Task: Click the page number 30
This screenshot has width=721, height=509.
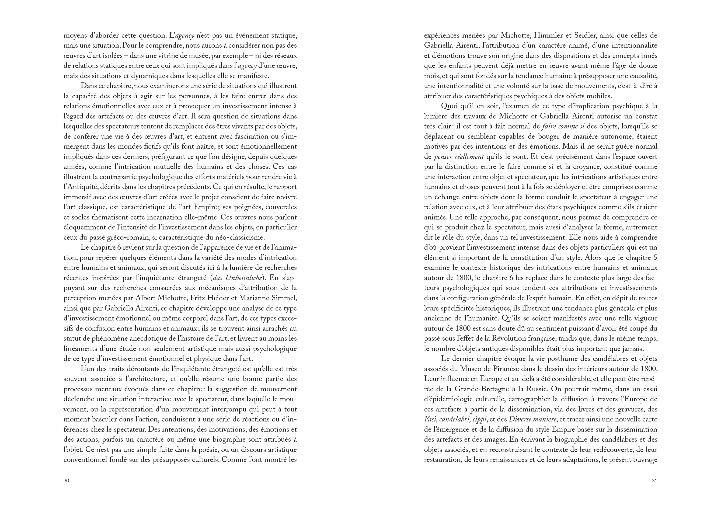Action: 66,481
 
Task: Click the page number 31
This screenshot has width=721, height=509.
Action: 654,481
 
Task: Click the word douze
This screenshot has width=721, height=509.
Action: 647,66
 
